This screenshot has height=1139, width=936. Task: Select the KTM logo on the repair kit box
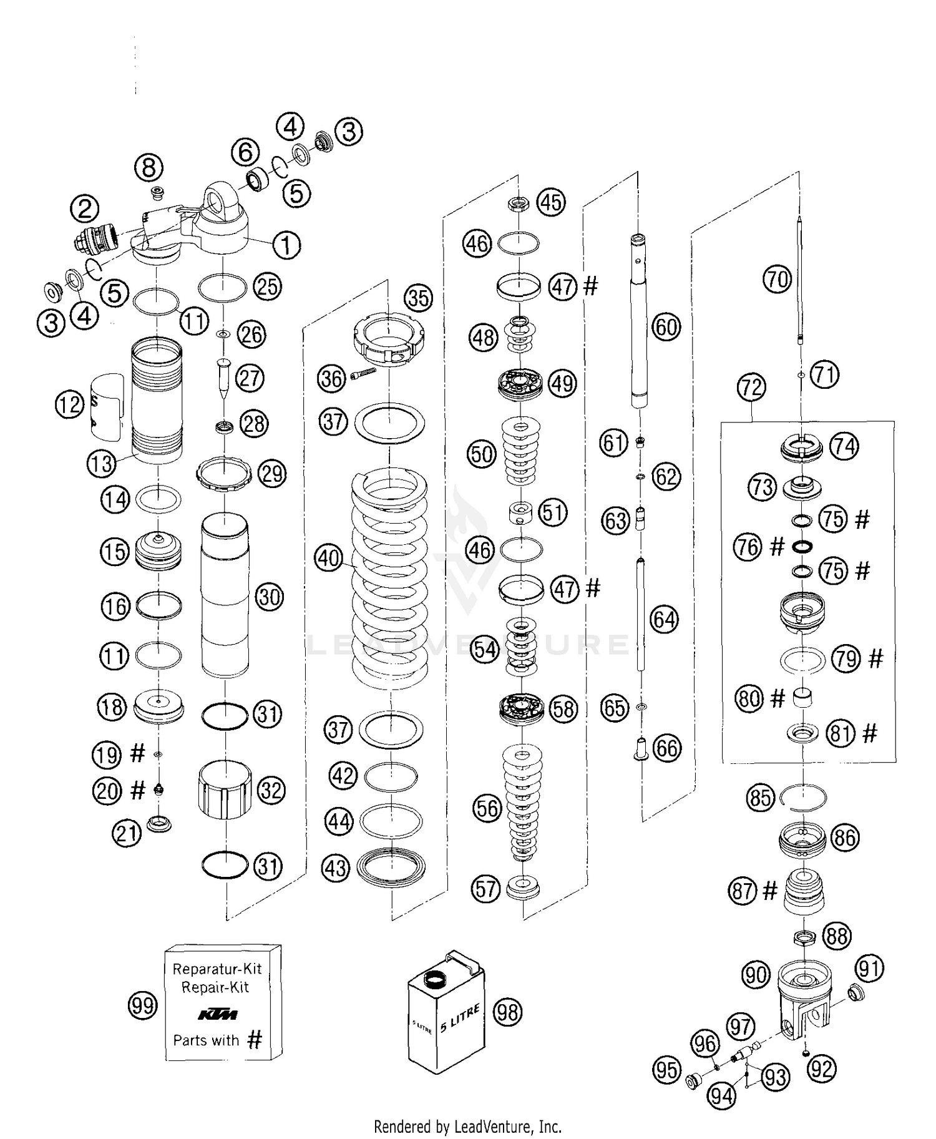tap(217, 1014)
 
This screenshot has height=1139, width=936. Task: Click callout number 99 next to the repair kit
tap(142, 1005)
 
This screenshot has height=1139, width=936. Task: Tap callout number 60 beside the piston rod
tap(666, 326)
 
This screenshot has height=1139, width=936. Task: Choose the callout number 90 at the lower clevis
tap(756, 974)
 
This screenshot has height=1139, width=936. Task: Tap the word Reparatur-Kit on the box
tap(217, 969)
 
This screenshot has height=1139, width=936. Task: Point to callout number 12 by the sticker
tap(69, 405)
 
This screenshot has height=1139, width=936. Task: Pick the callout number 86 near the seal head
tap(845, 837)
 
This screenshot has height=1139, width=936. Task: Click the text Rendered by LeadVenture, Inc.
tap(467, 1127)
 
